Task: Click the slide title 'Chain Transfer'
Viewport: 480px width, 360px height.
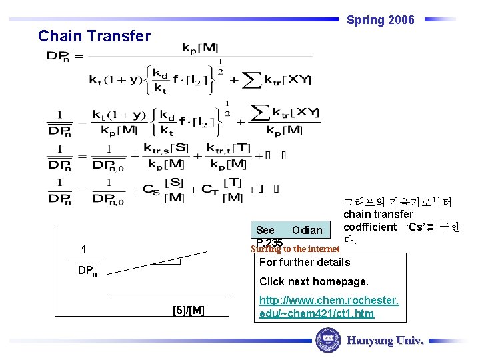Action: [x=95, y=36]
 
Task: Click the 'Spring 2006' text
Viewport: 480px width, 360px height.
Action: [x=380, y=20]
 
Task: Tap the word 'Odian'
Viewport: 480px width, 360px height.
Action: [x=307, y=230]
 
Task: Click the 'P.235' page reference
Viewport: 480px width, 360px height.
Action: [x=269, y=243]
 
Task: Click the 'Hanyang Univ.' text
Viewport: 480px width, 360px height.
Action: [x=385, y=341]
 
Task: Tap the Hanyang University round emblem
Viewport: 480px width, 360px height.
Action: [x=327, y=340]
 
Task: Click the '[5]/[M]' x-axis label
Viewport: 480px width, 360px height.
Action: [x=188, y=309]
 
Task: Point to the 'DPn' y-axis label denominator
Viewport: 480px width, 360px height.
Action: [x=87, y=271]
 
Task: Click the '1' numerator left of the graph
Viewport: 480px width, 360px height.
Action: [x=83, y=250]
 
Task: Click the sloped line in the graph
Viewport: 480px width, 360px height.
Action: [x=167, y=260]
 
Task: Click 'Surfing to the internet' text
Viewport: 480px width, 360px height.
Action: [x=295, y=249]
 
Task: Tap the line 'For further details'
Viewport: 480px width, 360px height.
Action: [x=304, y=262]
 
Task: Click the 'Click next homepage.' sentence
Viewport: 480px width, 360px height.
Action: [x=313, y=281]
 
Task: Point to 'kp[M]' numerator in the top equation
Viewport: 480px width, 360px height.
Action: [x=200, y=49]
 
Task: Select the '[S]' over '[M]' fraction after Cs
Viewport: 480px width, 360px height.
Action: [x=175, y=189]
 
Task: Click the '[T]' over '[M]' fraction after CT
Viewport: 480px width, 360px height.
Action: [x=232, y=189]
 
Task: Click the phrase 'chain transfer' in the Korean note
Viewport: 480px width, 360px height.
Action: [x=378, y=215]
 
